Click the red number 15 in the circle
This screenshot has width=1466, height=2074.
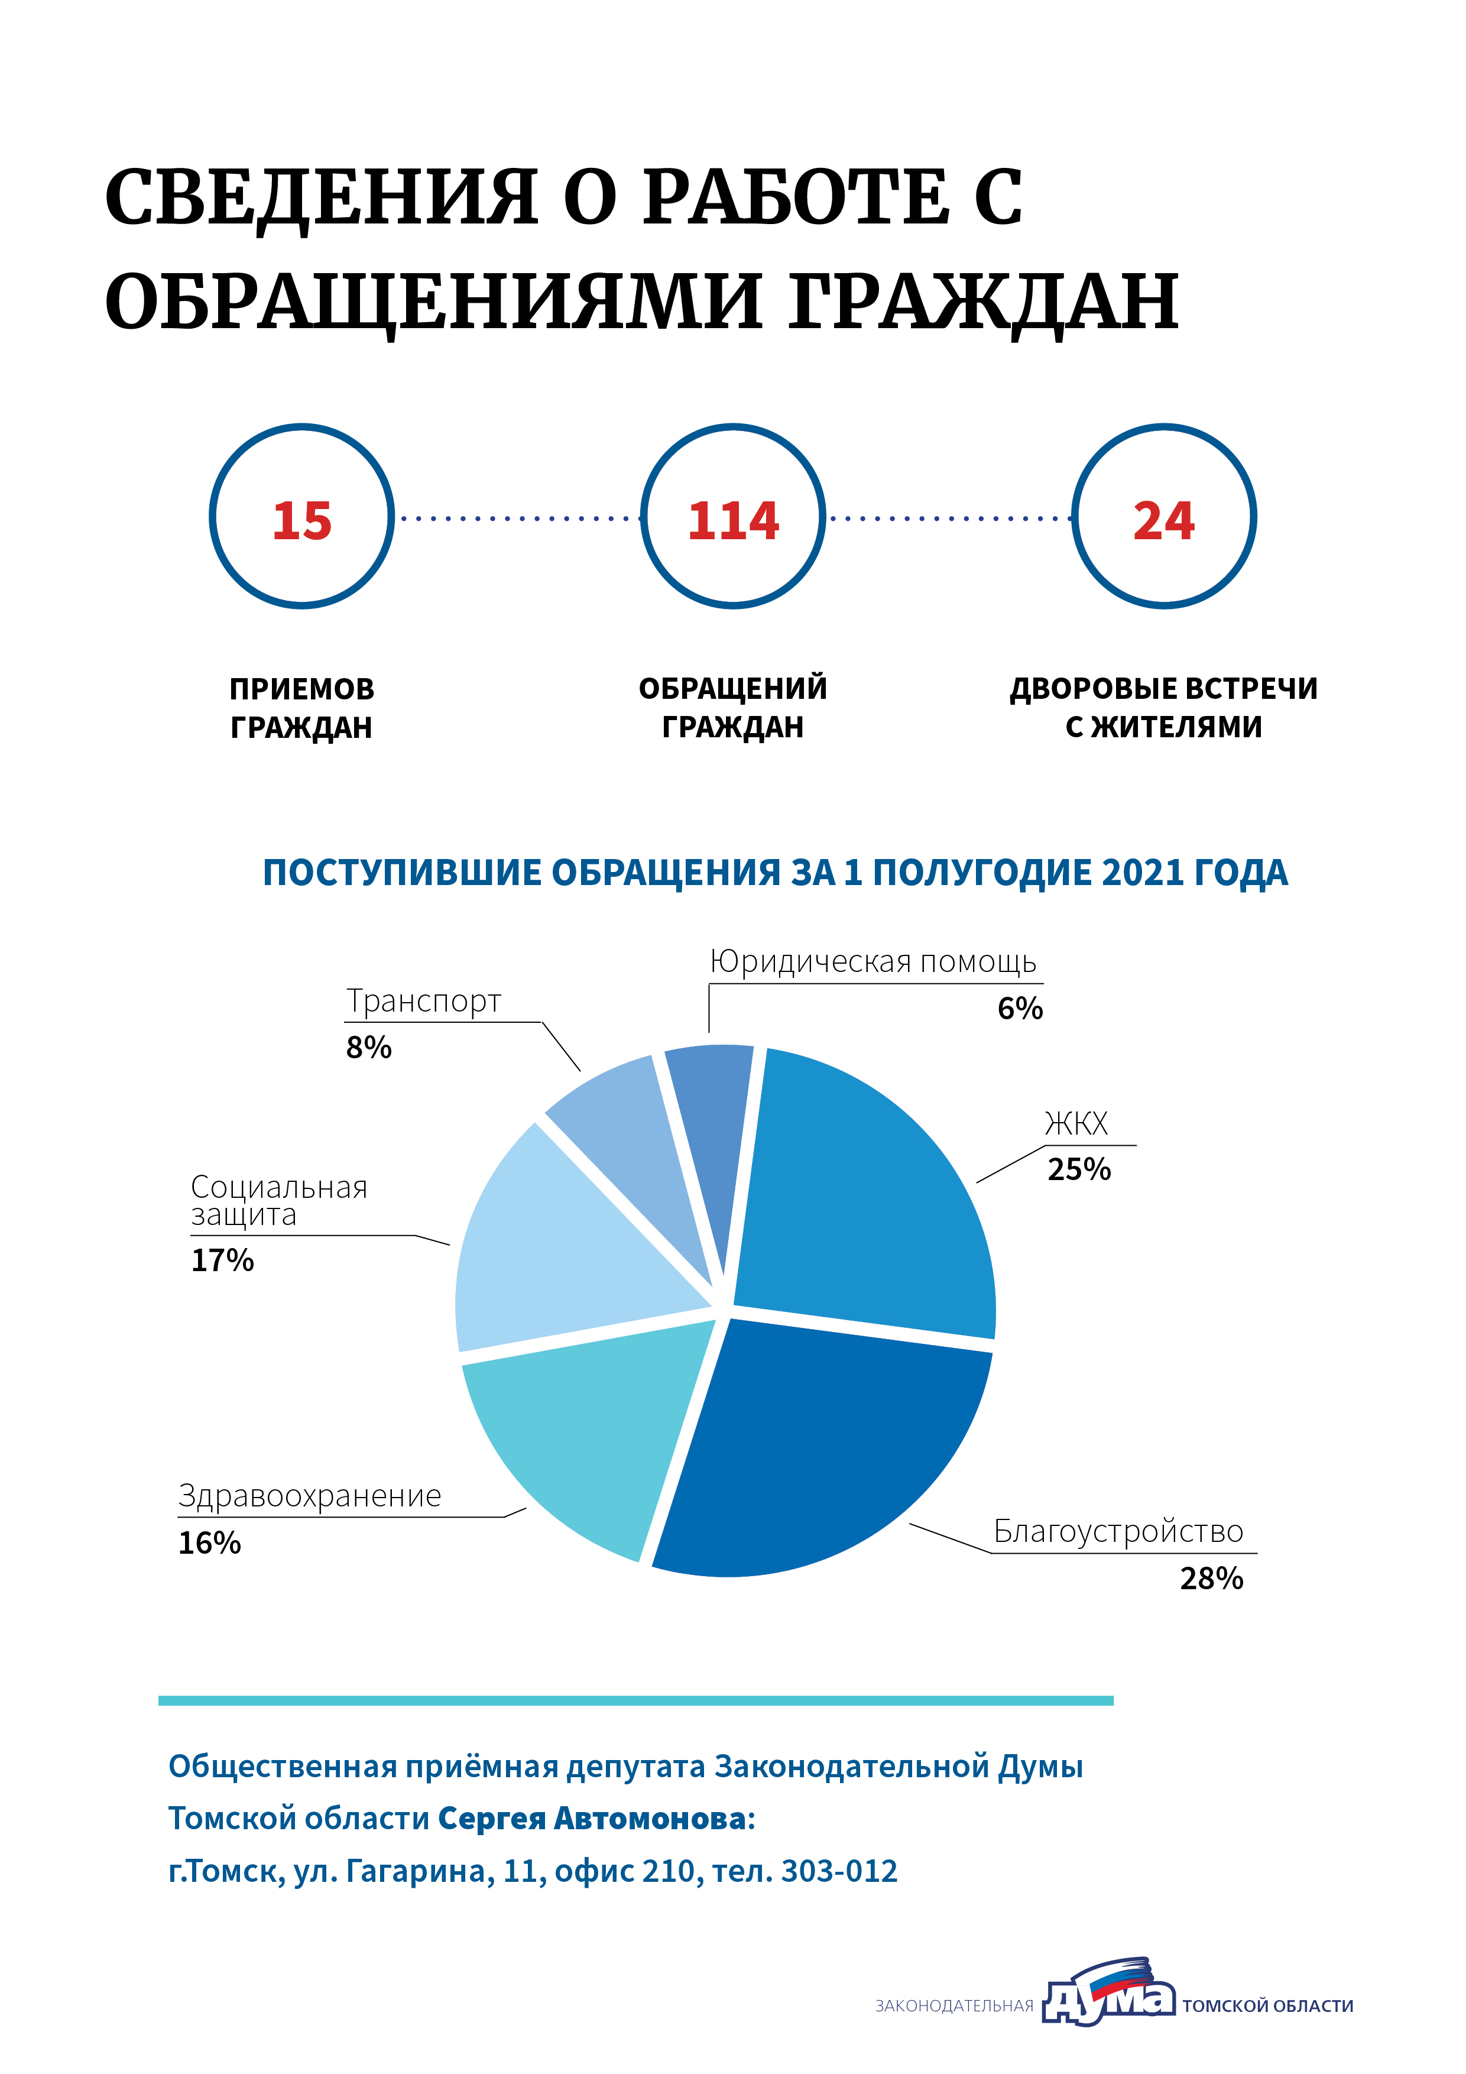tap(301, 521)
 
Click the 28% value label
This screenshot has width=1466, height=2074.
tap(1211, 1578)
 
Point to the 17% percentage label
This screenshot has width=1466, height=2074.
tap(222, 1260)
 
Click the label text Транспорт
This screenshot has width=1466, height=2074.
tap(424, 1001)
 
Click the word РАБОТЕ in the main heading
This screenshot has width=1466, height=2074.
tap(795, 197)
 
